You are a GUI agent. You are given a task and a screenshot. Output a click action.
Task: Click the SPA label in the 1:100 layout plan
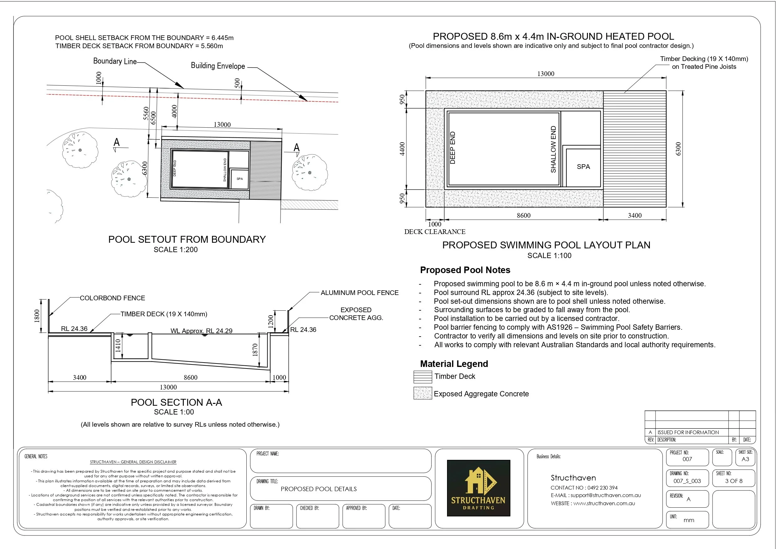tap(583, 167)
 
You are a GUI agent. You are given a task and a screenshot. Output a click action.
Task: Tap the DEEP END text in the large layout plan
tap(452, 148)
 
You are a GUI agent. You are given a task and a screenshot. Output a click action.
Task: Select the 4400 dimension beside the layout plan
tap(402, 149)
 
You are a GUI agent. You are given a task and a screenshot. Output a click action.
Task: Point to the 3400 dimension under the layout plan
tap(635, 216)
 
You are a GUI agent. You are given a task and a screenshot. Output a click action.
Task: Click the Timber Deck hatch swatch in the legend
tap(423, 377)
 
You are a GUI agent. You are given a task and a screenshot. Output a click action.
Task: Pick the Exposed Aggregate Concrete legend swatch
tap(423, 394)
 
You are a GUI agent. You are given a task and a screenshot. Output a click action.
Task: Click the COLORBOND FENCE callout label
tap(112, 298)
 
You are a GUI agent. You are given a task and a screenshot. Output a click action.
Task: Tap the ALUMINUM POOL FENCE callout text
tap(359, 292)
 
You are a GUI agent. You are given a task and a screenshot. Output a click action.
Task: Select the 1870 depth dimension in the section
tap(255, 350)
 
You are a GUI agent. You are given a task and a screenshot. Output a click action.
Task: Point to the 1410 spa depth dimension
tap(118, 346)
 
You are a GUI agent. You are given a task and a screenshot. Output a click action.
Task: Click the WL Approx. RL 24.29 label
tap(201, 331)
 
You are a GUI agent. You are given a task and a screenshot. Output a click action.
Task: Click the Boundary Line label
tap(115, 61)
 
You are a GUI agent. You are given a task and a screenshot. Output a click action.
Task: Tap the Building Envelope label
tap(218, 66)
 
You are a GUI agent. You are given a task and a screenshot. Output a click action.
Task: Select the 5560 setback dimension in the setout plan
tap(146, 113)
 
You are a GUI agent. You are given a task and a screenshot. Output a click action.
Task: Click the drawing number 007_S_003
tap(687, 481)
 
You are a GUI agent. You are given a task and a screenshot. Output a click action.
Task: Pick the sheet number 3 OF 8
tap(733, 481)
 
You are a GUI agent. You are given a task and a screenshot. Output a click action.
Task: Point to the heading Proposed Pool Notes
tap(465, 270)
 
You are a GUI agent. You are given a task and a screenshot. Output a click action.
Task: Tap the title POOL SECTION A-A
tap(176, 402)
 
